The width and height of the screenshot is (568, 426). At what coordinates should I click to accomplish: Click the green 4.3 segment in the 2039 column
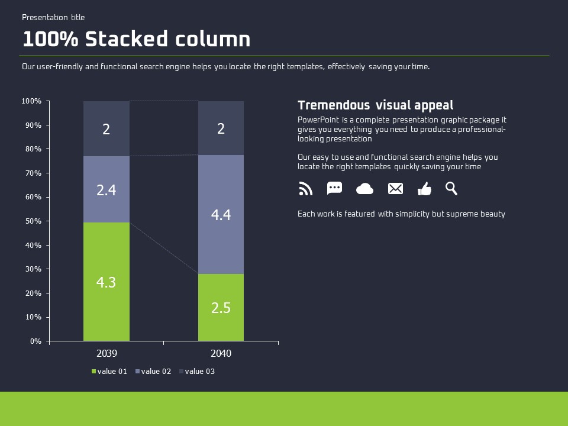click(106, 282)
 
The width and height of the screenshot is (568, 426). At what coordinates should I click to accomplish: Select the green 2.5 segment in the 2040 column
click(221, 307)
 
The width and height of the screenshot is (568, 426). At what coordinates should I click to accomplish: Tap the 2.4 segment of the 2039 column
click(106, 189)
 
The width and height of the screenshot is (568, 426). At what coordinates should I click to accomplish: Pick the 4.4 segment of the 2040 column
click(221, 214)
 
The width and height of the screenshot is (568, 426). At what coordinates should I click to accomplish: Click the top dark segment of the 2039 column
click(106, 128)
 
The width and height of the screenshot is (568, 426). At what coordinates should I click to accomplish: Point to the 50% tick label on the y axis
click(33, 221)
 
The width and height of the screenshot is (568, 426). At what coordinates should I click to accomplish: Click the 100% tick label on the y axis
click(31, 101)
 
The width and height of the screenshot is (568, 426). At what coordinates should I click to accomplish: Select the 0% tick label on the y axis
click(35, 341)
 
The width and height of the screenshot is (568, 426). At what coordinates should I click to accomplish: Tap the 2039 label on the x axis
click(107, 353)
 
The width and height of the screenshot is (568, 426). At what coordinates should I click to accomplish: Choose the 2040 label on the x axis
click(221, 353)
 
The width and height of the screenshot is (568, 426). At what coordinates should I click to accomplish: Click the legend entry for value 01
click(109, 372)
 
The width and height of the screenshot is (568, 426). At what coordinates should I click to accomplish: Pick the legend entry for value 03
click(197, 372)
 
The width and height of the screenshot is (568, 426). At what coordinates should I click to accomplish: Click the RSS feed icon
click(306, 189)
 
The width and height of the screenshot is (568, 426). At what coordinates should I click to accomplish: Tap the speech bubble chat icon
click(334, 188)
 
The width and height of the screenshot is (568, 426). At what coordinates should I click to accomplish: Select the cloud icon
click(365, 189)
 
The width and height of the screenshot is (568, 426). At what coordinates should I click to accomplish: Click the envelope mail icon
click(395, 188)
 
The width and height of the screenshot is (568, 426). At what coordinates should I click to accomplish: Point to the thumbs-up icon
click(425, 189)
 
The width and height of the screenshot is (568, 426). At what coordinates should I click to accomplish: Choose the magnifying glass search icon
click(451, 188)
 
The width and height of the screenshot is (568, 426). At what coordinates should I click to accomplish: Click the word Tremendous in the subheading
click(334, 105)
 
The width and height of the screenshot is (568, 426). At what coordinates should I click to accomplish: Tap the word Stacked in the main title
click(127, 39)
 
